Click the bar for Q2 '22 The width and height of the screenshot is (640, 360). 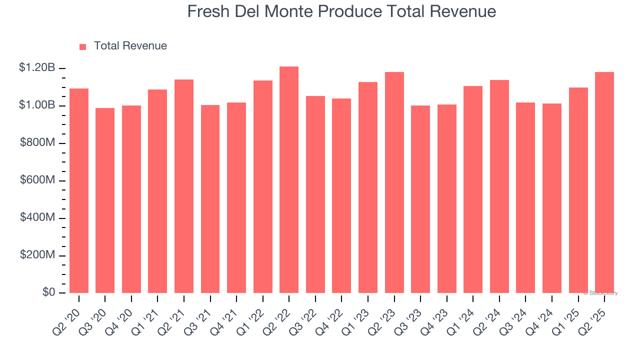click(x=289, y=180)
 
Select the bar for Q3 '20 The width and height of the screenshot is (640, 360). click(x=105, y=200)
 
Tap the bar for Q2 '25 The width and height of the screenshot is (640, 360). click(x=604, y=182)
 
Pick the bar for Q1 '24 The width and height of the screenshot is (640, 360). click(x=473, y=189)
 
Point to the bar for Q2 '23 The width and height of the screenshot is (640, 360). click(x=394, y=182)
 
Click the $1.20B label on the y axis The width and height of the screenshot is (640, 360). click(x=36, y=67)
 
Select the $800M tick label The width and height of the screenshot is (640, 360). click(x=37, y=142)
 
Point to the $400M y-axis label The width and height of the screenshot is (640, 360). click(x=37, y=217)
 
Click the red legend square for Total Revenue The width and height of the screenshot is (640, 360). click(x=83, y=46)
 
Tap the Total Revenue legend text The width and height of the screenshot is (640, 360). click(x=130, y=46)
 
